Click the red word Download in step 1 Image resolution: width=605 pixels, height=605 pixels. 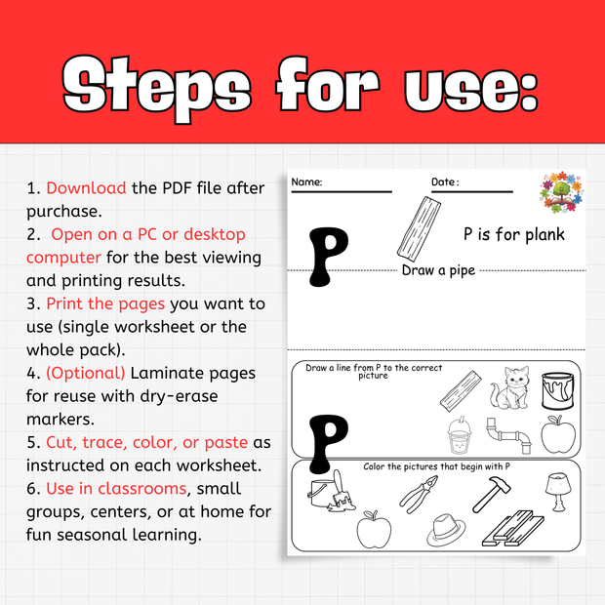point(86,187)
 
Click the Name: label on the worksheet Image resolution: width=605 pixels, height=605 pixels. point(307,182)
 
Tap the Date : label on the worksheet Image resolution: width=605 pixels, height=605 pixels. point(445,182)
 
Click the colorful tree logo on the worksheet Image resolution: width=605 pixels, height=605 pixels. point(560,193)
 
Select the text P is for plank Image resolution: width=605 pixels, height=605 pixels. point(513,234)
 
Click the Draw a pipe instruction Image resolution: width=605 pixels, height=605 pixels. point(438,270)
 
